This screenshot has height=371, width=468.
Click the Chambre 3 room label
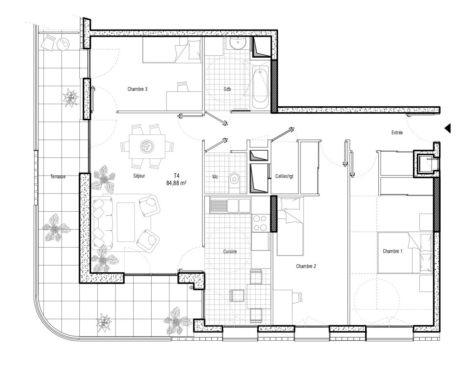[137, 89]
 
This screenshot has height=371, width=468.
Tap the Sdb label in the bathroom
[227, 89]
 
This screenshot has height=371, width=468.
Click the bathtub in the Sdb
[261, 87]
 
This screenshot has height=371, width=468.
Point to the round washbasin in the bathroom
[238, 43]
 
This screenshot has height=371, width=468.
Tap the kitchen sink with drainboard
[230, 206]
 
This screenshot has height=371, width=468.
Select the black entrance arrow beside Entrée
[447, 129]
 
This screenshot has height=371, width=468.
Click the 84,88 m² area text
[176, 183]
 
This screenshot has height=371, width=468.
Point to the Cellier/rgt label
[284, 176]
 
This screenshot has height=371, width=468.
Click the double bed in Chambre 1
[405, 253]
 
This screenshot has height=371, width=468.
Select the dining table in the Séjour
[147, 147]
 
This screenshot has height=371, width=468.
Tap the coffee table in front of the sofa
[126, 222]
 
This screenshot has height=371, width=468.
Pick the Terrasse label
[58, 177]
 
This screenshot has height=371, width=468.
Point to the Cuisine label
[230, 252]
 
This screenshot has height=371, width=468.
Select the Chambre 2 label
[306, 266]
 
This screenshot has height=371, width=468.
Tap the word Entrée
[397, 132]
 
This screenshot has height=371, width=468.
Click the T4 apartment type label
[176, 176]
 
